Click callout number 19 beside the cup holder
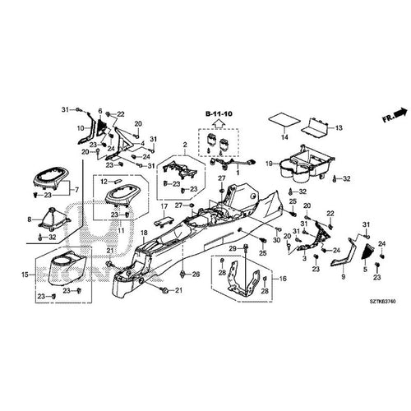coord(269,165)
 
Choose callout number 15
coord(26,274)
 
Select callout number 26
coord(196,274)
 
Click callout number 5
coord(367,270)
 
